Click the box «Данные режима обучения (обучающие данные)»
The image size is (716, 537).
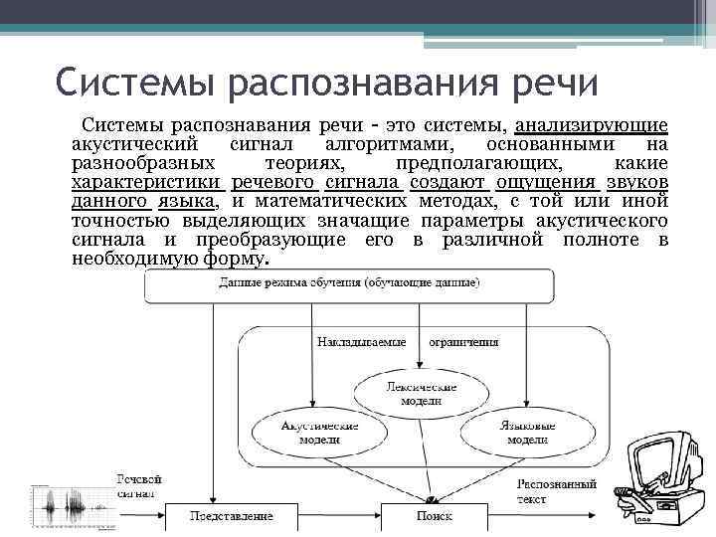(348, 284)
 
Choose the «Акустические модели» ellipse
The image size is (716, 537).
(311, 432)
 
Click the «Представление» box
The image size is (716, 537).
(232, 517)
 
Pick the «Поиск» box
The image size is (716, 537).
(434, 517)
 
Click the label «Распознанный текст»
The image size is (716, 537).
(557, 490)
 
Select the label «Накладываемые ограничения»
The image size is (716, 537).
(408, 342)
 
